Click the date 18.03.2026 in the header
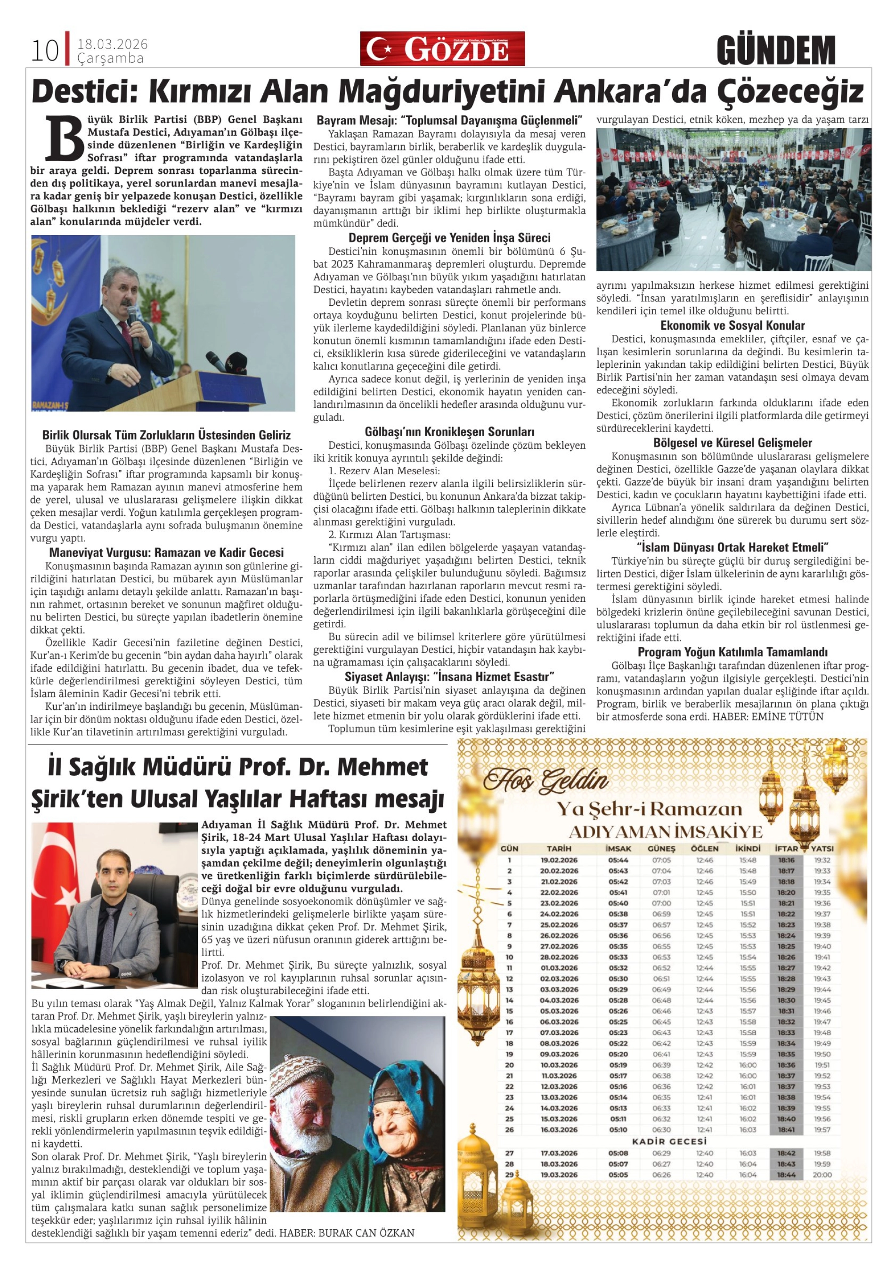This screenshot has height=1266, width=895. tap(113, 45)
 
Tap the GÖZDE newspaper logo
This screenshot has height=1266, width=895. tap(442, 49)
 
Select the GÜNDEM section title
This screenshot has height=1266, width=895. tap(776, 50)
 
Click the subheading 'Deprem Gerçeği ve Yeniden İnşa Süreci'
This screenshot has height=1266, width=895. tap(449, 238)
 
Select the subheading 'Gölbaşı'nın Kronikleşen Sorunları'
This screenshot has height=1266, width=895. tap(449, 432)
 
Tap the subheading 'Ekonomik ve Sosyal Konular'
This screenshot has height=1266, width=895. tap(732, 325)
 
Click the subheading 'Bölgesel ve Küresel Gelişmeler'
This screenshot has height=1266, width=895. tap(732, 443)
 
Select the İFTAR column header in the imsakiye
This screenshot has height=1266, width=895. tap(786, 849)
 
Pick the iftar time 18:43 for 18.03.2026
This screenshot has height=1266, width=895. tap(786, 1164)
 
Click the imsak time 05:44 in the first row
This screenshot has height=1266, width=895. tap(618, 860)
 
